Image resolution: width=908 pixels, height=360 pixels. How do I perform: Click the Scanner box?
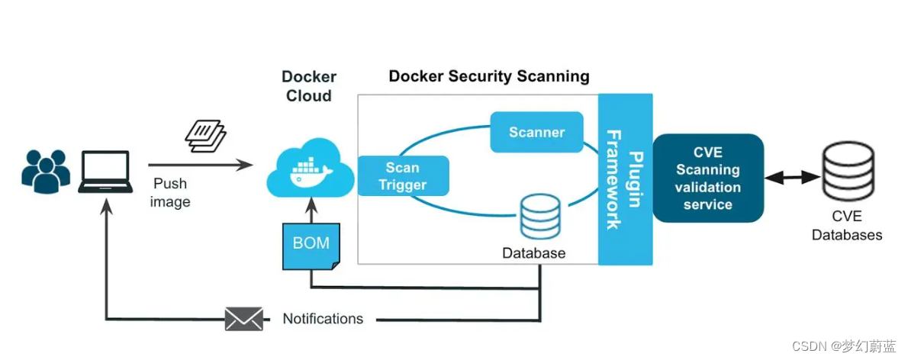click(x=536, y=132)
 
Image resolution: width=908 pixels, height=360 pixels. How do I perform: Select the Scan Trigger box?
click(x=402, y=176)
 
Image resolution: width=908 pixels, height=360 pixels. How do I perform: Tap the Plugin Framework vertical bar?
click(x=625, y=179)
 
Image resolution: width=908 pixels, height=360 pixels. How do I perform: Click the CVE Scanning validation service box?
click(x=707, y=178)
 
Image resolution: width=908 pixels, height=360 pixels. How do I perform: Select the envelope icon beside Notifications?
click(x=243, y=319)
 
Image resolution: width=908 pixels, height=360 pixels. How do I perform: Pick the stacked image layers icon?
click(x=206, y=136)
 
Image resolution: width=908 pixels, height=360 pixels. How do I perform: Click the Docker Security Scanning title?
click(x=488, y=76)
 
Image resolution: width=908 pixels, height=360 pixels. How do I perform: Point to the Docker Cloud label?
click(x=309, y=86)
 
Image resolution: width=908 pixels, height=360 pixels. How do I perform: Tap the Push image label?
click(x=170, y=193)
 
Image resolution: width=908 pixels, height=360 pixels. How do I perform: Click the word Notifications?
click(x=323, y=319)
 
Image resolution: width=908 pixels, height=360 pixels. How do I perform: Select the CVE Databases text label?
click(x=847, y=226)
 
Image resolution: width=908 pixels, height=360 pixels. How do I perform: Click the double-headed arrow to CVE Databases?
click(x=791, y=178)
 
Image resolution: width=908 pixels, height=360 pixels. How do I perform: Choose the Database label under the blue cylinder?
click(x=534, y=252)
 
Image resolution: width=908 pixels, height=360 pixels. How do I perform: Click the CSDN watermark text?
click(x=843, y=346)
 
